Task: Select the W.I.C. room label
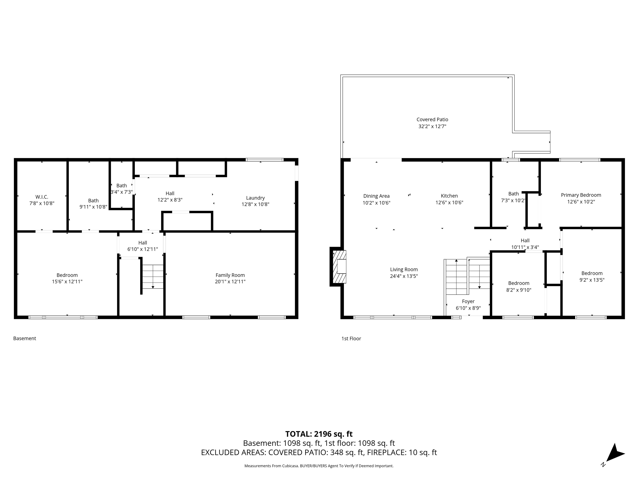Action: [x=42, y=197]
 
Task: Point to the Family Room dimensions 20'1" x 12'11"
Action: [x=230, y=281]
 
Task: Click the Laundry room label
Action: [x=255, y=198]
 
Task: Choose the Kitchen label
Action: [x=449, y=196]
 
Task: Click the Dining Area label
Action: [x=376, y=196]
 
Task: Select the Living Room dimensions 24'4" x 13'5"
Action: [x=404, y=276]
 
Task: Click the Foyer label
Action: [x=468, y=301]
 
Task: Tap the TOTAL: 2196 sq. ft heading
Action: [x=319, y=434]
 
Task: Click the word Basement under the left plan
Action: [x=25, y=338]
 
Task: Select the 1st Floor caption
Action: [x=351, y=339]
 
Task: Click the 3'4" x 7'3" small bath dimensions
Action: [x=122, y=192]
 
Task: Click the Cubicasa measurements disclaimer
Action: [x=319, y=466]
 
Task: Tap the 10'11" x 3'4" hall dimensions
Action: [x=525, y=247]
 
